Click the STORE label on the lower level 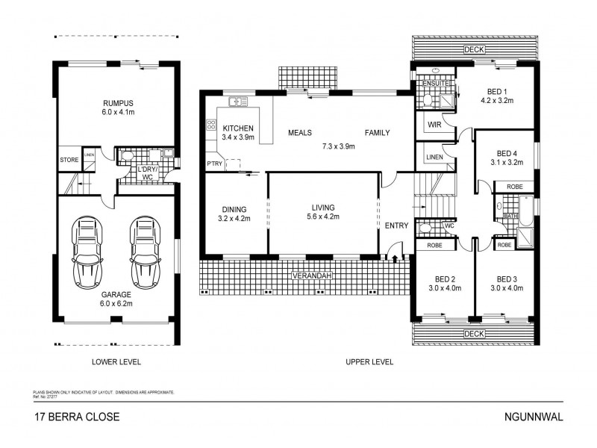pos(69,160)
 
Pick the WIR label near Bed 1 pos(435,125)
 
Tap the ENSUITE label pos(433,83)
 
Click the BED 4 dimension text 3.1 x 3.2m pos(507,161)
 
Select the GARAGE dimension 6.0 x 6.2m pos(116,305)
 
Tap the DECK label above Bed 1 pos(472,50)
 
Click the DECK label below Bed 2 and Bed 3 pos(472,333)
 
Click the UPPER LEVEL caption pos(369,362)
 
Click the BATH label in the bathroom pos(510,216)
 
